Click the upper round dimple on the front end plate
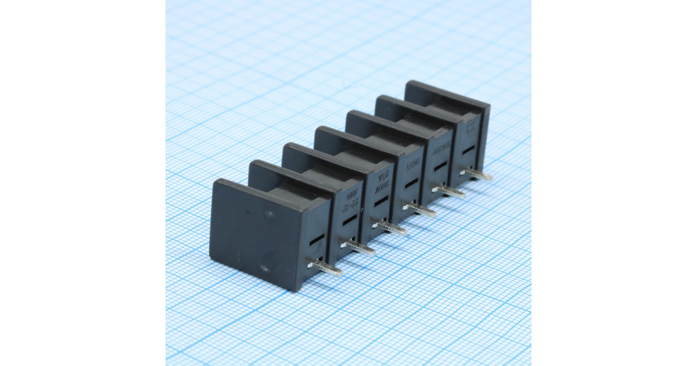268,216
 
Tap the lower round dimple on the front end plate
264,268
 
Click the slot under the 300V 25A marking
382,201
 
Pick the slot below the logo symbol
468,149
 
